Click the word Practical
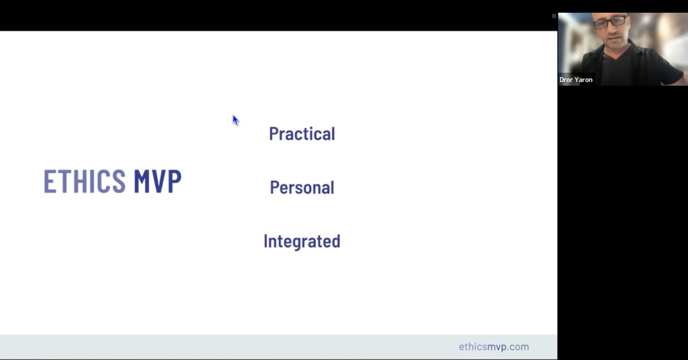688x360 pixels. coord(302,134)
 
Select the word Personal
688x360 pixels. coord(302,187)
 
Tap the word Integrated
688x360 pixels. coord(302,241)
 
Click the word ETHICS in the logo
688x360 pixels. coord(85,181)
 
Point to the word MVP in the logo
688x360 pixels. coord(157,181)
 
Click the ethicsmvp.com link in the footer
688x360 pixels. coord(494,347)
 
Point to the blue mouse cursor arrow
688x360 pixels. coord(235,120)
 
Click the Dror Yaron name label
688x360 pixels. coord(576,80)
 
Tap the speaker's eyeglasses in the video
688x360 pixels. coord(609,22)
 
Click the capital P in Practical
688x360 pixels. coord(274,134)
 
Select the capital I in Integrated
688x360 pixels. coord(266,241)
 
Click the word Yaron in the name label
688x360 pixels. coord(584,80)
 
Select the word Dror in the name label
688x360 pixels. coord(566,80)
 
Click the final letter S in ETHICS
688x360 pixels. coord(119,181)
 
